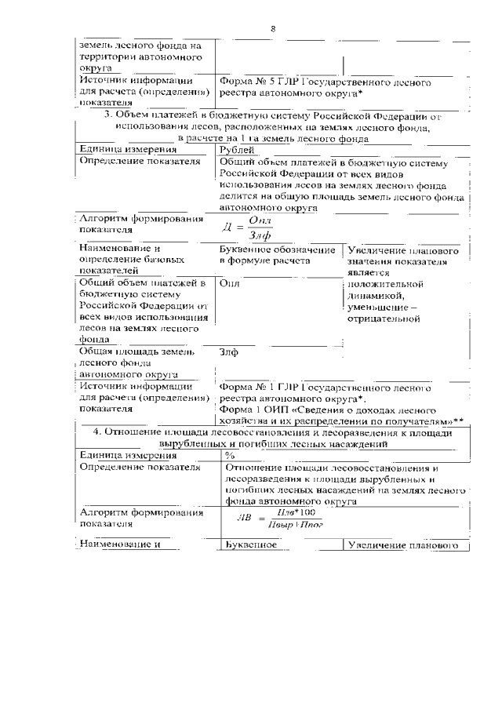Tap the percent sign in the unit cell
click(230, 455)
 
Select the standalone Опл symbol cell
click(230, 284)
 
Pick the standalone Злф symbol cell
click(229, 352)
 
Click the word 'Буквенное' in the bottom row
click(248, 544)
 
